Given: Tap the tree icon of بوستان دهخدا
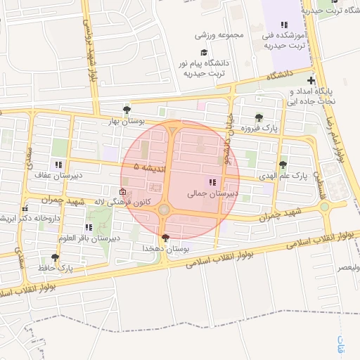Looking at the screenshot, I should [x=165, y=238].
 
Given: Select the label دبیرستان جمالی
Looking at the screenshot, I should [x=213, y=192].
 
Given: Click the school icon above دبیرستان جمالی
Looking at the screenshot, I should [x=212, y=181].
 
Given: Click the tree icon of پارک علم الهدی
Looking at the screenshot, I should [x=283, y=165].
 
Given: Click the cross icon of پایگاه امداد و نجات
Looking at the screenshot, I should [x=311, y=82].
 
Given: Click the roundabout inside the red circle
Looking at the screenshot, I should [x=165, y=210].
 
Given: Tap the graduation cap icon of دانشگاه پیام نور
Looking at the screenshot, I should [x=204, y=52].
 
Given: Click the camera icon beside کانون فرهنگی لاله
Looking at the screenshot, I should [x=123, y=191].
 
